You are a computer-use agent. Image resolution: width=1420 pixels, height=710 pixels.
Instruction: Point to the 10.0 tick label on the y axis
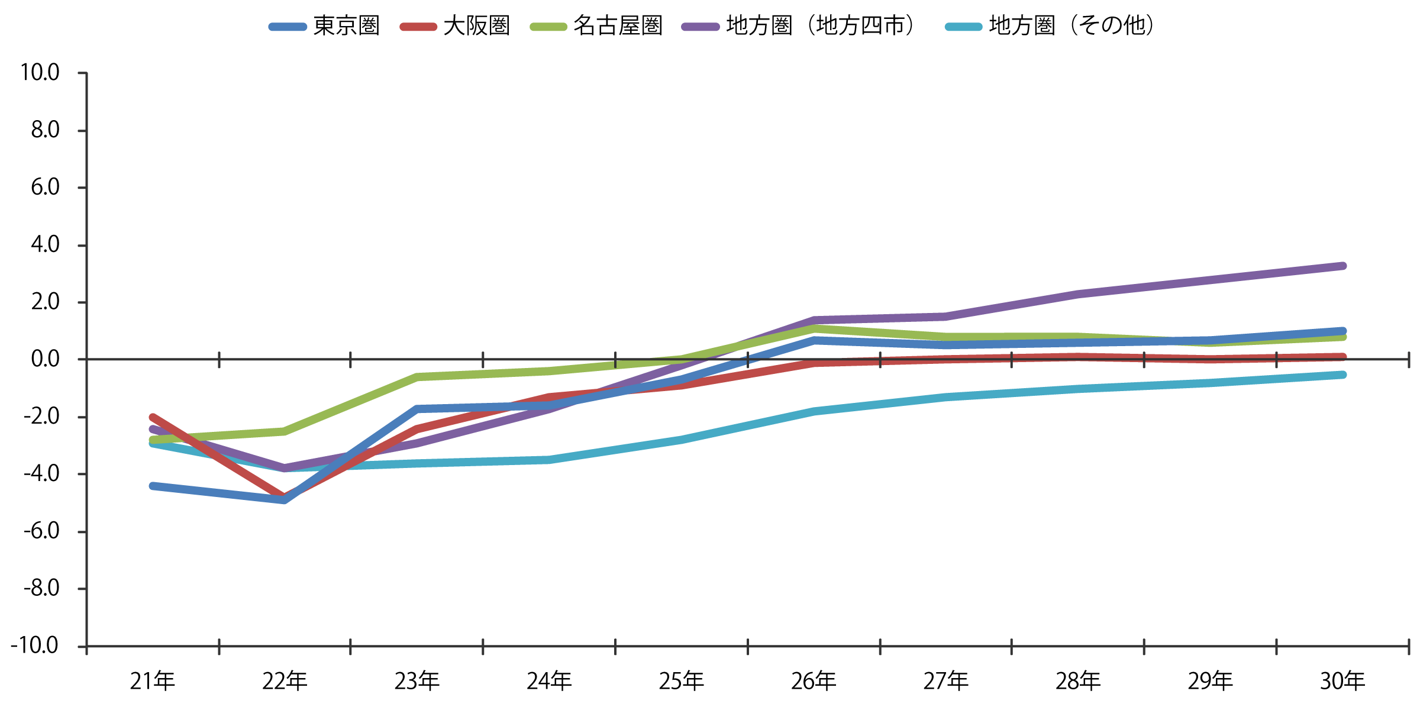(40, 73)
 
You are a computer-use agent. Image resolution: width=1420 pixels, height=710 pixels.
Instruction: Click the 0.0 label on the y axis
(45, 359)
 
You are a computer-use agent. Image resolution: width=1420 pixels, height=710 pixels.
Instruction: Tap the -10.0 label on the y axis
(35, 646)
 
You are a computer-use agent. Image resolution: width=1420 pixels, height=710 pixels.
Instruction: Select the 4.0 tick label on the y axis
(45, 244)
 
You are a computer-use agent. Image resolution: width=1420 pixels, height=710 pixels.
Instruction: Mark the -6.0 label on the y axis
(41, 531)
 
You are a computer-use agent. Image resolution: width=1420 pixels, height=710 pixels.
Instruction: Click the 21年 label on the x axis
(153, 682)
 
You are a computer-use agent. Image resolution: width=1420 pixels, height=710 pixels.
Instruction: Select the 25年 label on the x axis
(682, 682)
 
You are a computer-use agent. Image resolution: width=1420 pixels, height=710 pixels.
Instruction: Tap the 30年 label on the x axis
(1342, 682)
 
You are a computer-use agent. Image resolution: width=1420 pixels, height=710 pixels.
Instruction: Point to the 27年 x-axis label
(946, 682)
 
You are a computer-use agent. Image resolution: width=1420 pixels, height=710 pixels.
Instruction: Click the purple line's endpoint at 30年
(1342, 266)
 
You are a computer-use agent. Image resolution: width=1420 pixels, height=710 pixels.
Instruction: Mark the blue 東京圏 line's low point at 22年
(285, 500)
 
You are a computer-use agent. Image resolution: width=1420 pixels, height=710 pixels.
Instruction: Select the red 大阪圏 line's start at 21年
(153, 417)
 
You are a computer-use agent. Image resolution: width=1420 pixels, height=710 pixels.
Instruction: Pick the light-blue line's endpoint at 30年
(1342, 375)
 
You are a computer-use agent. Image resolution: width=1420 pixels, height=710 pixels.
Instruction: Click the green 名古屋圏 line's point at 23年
(417, 377)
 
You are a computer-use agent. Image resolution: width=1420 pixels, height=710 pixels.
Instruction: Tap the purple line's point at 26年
(814, 320)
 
